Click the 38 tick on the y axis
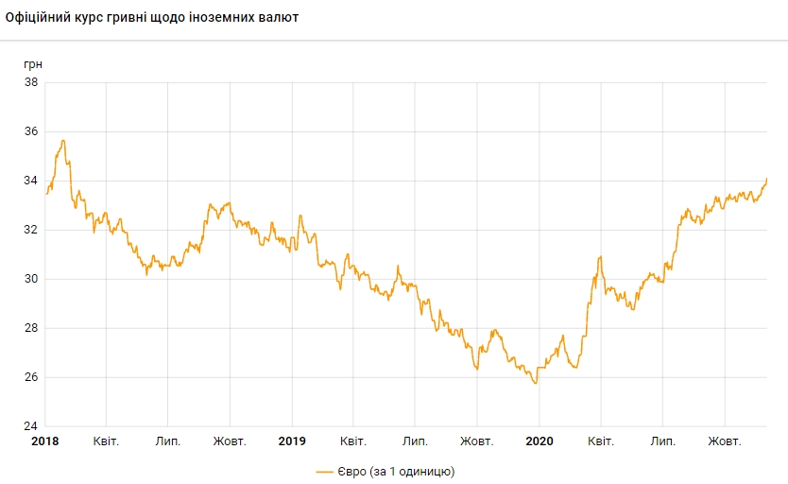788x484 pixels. click(x=31, y=82)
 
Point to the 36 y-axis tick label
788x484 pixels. click(x=31, y=131)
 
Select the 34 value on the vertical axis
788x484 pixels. click(x=31, y=181)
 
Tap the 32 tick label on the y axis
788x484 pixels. click(x=31, y=230)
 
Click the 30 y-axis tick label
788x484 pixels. click(x=31, y=279)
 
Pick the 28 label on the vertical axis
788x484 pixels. click(x=31, y=328)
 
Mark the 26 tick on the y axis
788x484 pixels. click(x=31, y=377)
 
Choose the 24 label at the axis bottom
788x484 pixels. click(x=31, y=426)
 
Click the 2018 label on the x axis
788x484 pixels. click(x=44, y=441)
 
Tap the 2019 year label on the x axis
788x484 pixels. click(x=292, y=441)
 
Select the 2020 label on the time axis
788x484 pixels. click(x=539, y=441)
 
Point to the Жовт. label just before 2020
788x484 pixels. click(x=477, y=441)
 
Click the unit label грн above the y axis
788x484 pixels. click(x=33, y=63)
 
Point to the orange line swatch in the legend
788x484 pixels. click(x=326, y=470)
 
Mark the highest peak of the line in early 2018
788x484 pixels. click(x=63, y=141)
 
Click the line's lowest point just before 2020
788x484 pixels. click(x=535, y=383)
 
